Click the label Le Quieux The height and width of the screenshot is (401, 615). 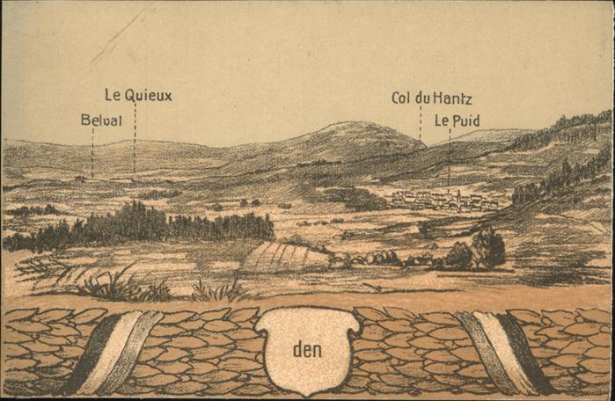pos(138,95)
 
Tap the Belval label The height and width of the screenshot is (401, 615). pos(101,120)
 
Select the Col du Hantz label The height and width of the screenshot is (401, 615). pos(431,98)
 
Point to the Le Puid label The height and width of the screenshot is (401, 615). pos(457,120)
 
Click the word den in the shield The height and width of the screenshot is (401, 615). pos(307,349)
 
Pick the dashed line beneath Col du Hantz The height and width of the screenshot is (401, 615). pos(420,124)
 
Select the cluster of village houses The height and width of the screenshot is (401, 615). pos(436,200)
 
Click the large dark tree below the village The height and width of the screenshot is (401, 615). pos(487,248)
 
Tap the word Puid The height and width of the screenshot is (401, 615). pos(467,120)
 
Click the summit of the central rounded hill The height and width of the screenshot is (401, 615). pos(352,124)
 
